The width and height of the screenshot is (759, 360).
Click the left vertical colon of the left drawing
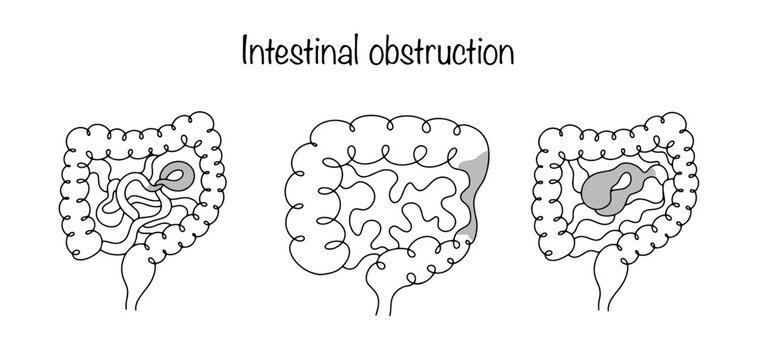point(75,190)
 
